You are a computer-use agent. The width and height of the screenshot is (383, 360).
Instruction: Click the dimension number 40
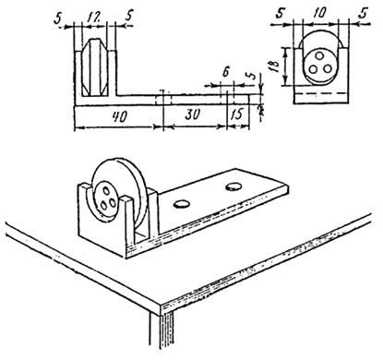pos(120,117)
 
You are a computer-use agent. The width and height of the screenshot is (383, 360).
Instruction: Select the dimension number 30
pos(193,114)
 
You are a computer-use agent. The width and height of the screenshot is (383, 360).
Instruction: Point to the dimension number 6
pos(225,72)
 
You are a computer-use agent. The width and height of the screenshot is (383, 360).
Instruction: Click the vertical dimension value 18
pos(275,66)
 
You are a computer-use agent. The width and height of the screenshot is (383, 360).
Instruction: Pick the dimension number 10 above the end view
pos(319,13)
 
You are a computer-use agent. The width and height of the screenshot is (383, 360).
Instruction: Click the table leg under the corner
pos(162,331)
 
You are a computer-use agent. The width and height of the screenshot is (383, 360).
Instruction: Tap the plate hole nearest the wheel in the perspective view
pos(181,204)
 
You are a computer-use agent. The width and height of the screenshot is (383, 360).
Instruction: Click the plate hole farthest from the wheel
pos(233,186)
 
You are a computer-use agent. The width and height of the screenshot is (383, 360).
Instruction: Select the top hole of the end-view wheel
pos(320,56)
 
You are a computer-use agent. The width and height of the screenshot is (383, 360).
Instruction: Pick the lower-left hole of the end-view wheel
pos(313,69)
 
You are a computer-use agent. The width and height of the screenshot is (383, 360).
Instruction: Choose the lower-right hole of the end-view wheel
pos(328,68)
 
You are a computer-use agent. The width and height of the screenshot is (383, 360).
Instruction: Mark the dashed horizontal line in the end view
pos(321,92)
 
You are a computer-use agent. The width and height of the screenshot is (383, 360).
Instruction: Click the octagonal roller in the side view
pos(95,67)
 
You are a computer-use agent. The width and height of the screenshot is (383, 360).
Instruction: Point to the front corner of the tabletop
pos(161,305)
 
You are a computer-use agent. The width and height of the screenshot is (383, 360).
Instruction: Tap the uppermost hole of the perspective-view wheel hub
pos(107,191)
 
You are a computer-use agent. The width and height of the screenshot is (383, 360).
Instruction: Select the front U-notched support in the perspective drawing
pos(103,220)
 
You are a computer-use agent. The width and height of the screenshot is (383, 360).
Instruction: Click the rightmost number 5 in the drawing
pos(364,14)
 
